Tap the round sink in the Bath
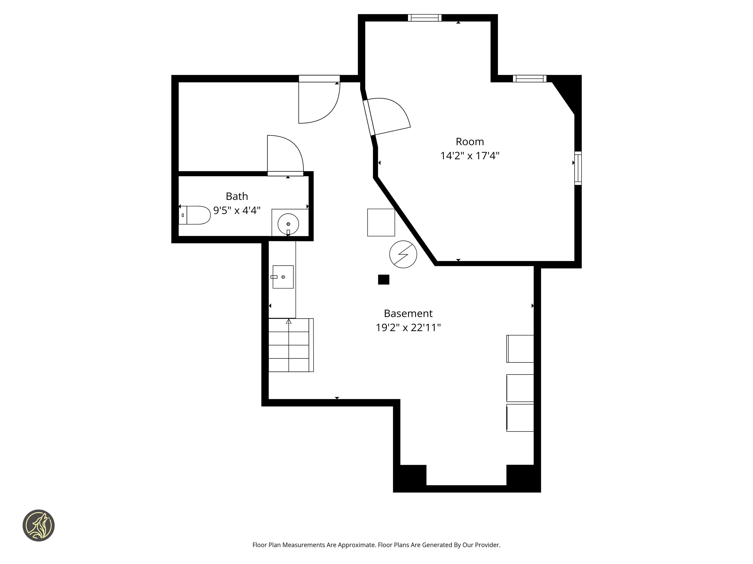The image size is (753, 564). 288,224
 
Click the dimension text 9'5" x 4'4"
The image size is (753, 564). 237,211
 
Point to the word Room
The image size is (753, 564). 470,141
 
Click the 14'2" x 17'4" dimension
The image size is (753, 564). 470,156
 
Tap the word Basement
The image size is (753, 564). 408,313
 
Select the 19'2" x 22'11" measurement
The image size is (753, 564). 408,327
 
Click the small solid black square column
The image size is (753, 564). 384,280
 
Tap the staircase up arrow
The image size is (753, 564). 289,321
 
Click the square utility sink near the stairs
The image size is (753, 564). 283,277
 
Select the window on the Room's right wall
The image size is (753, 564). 578,168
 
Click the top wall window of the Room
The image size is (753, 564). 425,18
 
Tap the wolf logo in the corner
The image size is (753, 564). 38,525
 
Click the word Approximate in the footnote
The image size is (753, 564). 357,545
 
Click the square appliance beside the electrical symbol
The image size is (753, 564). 381,222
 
